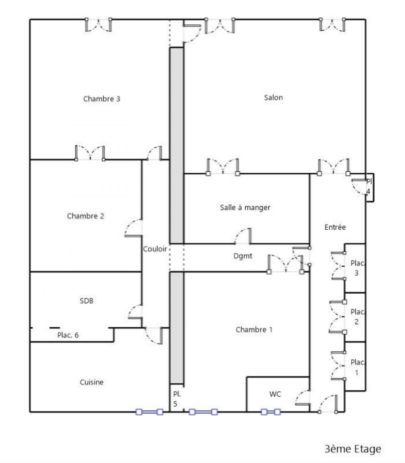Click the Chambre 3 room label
[102, 99]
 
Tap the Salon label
[273, 97]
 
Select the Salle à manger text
[245, 207]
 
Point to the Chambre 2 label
[85, 216]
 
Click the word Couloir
[155, 249]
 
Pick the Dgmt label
[243, 256]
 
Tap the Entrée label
[335, 227]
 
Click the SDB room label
[86, 301]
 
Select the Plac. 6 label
[68, 335]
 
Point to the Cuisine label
[91, 382]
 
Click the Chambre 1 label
[254, 330]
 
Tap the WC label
[275, 394]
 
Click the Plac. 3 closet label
[357, 268]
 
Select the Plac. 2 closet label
[357, 317]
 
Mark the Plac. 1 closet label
[357, 367]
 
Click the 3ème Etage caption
[353, 449]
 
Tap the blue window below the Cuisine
[149, 412]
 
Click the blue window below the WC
[271, 412]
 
